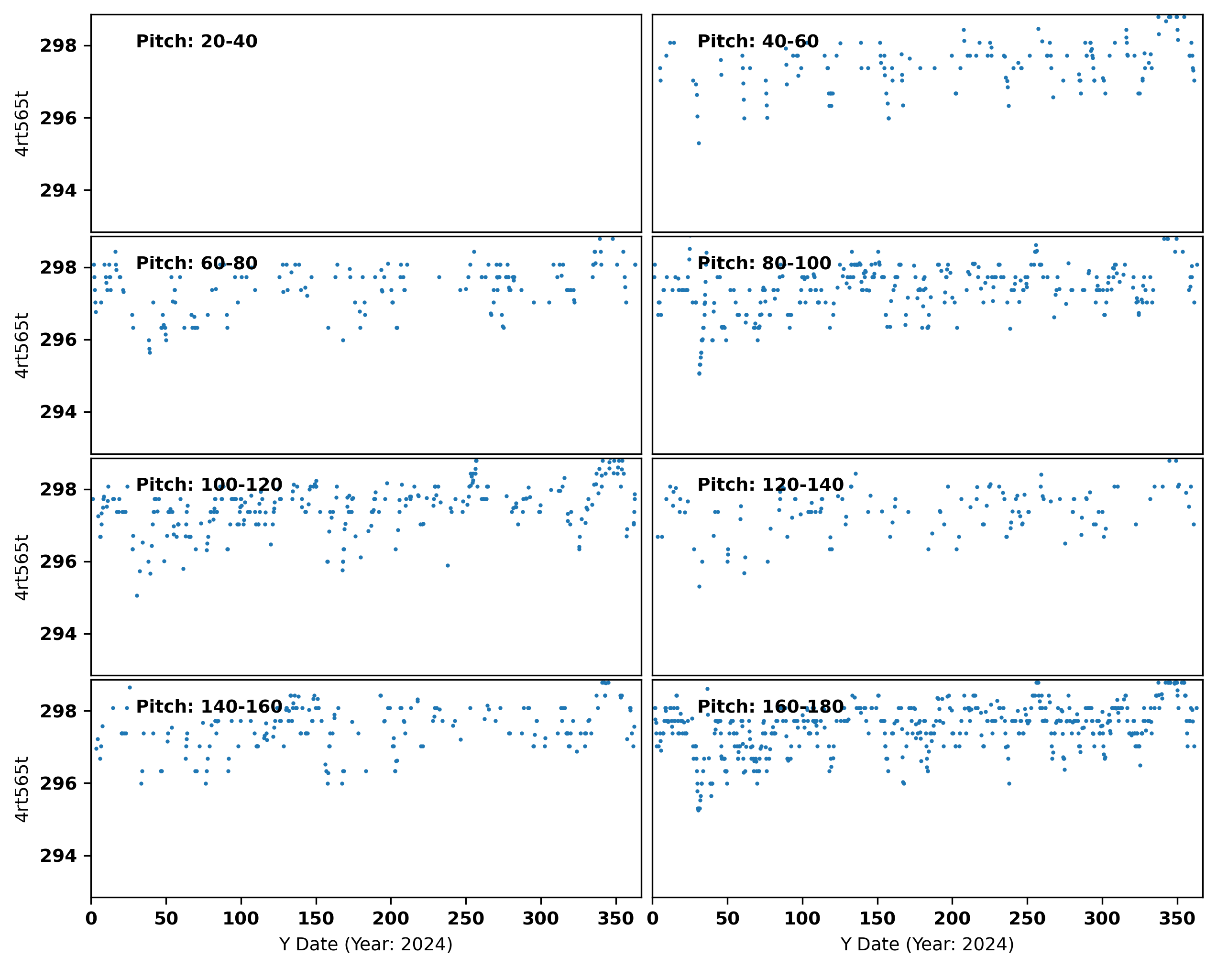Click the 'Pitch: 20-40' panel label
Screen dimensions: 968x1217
tap(197, 42)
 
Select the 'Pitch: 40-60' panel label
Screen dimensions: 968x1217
tap(757, 42)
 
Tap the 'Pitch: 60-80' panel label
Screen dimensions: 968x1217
tap(197, 264)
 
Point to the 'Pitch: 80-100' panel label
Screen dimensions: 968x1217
tap(764, 264)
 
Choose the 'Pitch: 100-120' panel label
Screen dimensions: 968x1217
tap(209, 485)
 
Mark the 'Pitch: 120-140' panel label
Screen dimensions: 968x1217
tap(770, 485)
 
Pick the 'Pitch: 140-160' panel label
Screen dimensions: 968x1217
tap(209, 707)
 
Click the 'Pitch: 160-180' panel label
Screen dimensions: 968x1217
tap(770, 707)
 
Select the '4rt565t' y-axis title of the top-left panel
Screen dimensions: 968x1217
tap(22, 123)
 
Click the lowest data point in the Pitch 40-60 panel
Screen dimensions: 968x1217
tap(698, 143)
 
